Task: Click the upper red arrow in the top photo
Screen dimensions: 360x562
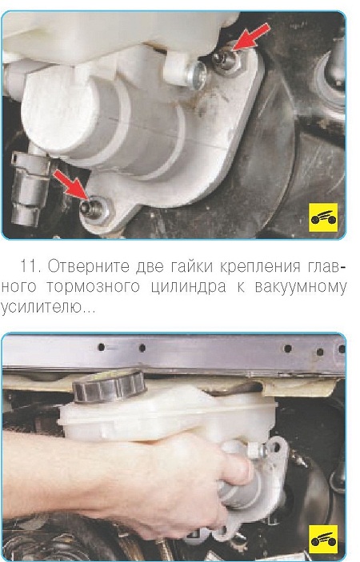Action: click(251, 35)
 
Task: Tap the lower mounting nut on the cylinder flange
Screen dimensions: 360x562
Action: click(94, 209)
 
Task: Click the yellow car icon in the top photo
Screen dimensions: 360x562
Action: click(323, 217)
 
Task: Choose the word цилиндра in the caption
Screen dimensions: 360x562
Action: click(188, 288)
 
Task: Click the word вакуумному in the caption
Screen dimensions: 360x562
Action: click(301, 287)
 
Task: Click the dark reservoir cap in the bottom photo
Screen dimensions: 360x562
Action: click(109, 386)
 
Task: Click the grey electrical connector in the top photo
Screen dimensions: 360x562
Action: click(30, 188)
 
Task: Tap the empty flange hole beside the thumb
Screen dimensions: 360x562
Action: click(276, 447)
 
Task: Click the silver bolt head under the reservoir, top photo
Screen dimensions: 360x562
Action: click(197, 77)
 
